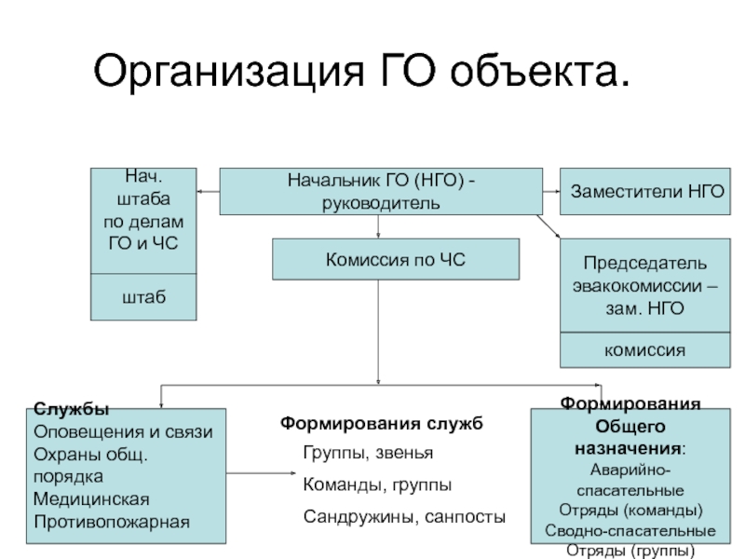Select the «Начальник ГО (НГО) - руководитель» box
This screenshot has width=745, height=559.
pos(380,191)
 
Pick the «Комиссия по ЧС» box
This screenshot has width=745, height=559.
pos(394,258)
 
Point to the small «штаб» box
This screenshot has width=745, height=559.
pos(143,297)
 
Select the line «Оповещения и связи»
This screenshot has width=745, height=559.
pos(123,432)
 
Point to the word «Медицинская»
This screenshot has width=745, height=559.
pos(89,499)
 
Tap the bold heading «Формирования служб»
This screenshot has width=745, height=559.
pos(382,424)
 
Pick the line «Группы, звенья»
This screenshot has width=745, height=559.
pos(368,454)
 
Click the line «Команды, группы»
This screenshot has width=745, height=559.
pos(377,485)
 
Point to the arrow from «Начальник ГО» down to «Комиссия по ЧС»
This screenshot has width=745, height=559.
pos(378,226)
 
